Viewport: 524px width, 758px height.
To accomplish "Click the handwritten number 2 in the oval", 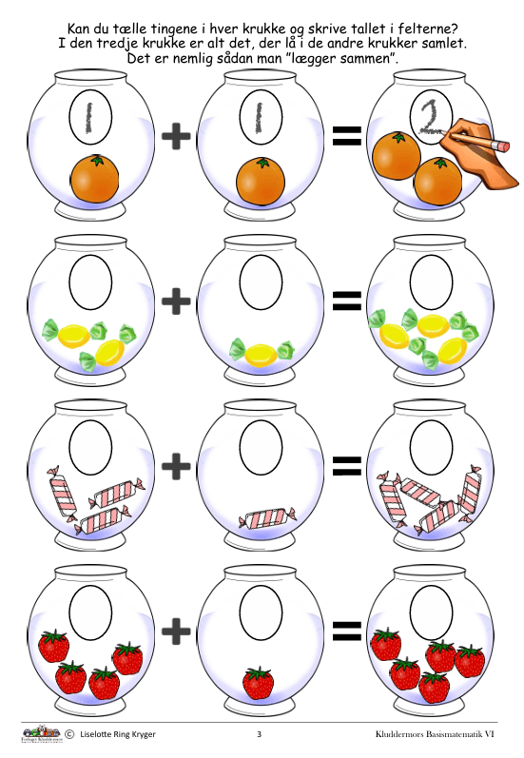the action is [429, 118].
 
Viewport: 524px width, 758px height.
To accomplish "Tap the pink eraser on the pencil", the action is [502, 145].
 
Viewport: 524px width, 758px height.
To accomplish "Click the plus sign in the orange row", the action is [176, 135].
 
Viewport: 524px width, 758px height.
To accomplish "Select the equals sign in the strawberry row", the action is [346, 631].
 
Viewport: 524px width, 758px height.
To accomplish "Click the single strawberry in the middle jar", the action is [258, 682].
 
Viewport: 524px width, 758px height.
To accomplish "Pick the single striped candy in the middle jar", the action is [267, 517].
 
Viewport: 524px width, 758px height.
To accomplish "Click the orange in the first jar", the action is [95, 178].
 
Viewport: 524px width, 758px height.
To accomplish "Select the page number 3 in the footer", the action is [259, 734].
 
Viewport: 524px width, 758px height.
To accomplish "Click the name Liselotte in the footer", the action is [96, 734].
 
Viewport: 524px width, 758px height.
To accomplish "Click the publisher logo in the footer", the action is [41, 733].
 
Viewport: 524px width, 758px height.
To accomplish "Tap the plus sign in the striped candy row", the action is [176, 466].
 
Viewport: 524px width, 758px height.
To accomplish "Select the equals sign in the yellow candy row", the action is [346, 301].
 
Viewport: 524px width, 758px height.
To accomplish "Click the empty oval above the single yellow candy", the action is [261, 282].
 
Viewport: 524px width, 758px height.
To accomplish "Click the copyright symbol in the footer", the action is [69, 734].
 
